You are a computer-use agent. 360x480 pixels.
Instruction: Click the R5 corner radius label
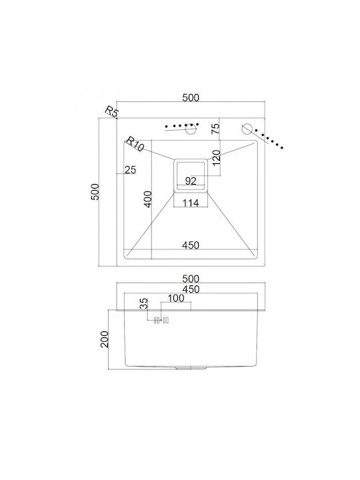tap(111, 111)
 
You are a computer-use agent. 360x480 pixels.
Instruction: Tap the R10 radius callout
tap(135, 143)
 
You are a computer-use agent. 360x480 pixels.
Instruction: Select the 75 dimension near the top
tap(216, 128)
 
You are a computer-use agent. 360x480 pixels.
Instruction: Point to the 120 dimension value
tap(217, 157)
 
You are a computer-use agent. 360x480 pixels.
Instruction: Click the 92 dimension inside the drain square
tap(191, 181)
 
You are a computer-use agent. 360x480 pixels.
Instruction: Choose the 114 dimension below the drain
tap(191, 203)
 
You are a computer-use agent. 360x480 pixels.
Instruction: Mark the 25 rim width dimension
tap(131, 169)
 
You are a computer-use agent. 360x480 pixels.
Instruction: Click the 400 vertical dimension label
tap(148, 199)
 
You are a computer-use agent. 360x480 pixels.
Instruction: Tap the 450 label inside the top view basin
tap(191, 245)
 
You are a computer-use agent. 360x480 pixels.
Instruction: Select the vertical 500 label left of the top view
tap(95, 192)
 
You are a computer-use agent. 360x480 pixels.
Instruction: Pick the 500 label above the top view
tap(191, 97)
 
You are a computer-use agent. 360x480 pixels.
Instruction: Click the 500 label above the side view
tap(191, 279)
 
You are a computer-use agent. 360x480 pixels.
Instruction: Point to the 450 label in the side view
tap(191, 289)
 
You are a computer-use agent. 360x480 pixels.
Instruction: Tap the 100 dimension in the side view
tap(176, 298)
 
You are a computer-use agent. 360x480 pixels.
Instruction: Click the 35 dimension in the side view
tap(143, 303)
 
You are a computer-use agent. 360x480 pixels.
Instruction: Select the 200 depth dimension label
tap(105, 339)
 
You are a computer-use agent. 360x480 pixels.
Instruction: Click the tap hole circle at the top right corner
tap(247, 129)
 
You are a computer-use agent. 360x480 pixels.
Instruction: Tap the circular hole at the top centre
tap(191, 129)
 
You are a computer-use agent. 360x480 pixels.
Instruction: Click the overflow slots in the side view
tap(161, 321)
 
